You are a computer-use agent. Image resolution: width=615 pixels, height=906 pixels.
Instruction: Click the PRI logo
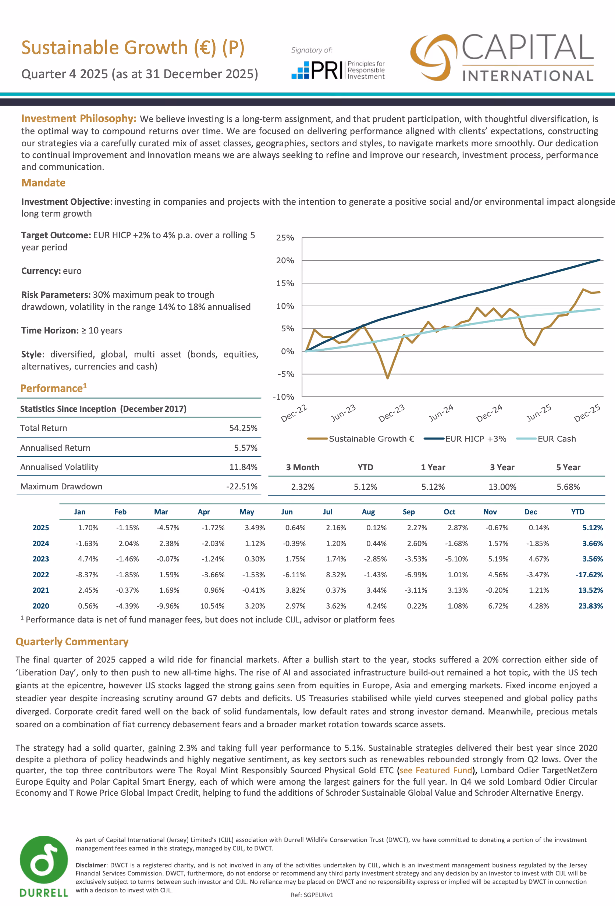338,70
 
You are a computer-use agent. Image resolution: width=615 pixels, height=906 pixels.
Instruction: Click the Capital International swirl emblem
433,57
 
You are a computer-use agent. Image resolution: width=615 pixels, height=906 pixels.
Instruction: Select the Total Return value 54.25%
243,428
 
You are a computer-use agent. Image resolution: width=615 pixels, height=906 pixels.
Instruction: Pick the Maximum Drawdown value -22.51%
242,486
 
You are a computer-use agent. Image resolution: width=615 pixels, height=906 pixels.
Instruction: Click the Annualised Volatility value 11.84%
243,467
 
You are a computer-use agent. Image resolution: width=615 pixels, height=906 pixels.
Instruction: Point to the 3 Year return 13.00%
502,487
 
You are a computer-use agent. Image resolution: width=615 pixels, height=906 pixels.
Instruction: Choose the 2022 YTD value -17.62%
589,575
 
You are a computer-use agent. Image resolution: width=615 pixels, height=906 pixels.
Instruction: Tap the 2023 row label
41,559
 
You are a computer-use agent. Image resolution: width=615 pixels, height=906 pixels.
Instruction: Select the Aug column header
368,512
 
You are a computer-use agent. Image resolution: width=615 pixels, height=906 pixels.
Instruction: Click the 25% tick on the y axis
285,238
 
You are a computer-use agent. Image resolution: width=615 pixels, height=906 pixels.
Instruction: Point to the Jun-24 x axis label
441,413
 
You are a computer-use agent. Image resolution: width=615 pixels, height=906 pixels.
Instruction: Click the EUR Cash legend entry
546,439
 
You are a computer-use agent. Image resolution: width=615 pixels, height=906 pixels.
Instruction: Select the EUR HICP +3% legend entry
465,439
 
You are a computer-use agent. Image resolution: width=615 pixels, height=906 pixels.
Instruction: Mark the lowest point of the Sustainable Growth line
387,378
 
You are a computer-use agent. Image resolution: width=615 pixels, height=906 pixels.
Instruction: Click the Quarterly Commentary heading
72,642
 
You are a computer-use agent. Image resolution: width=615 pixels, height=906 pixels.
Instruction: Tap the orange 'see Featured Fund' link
436,770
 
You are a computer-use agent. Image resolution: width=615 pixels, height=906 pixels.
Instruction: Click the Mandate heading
43,183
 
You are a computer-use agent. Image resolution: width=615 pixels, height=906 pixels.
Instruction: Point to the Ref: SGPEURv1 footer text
312,895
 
